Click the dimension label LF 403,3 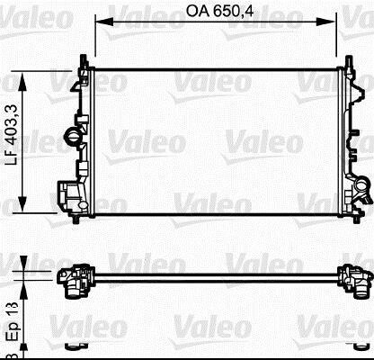pos(13,136)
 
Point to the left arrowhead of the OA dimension pos(104,22)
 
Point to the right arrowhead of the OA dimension pos(327,22)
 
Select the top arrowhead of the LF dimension pos(22,82)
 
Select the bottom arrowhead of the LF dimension pos(22,203)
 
